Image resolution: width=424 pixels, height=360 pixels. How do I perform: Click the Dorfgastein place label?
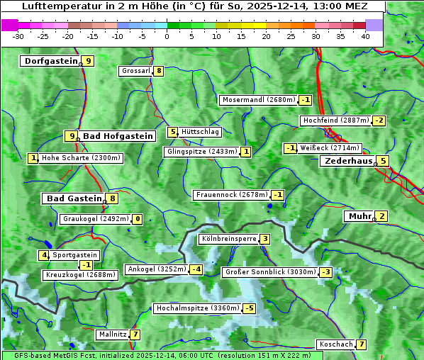click(x=51, y=61)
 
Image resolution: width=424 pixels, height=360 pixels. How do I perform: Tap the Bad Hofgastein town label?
click(x=117, y=135)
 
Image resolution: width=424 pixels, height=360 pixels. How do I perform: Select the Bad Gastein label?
click(x=74, y=198)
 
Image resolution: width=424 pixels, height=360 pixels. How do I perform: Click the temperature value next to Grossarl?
click(x=159, y=71)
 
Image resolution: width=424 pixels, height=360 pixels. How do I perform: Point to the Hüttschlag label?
click(x=201, y=132)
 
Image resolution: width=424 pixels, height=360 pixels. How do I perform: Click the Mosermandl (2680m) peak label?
click(x=259, y=100)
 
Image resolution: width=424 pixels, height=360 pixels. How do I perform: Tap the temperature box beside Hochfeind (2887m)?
click(x=379, y=120)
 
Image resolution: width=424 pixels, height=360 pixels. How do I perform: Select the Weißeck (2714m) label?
click(x=330, y=148)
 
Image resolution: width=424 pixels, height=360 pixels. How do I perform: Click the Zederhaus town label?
click(x=348, y=161)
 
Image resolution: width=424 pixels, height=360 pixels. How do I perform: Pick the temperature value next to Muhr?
click(x=381, y=216)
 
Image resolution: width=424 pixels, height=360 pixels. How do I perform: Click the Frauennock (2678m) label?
click(x=232, y=195)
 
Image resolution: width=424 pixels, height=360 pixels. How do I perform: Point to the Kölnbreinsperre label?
click(x=228, y=239)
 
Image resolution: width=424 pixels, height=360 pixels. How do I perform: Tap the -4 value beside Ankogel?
click(x=196, y=269)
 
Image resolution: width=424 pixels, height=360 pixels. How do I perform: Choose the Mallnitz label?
click(x=113, y=334)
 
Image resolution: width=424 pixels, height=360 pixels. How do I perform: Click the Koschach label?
click(x=336, y=344)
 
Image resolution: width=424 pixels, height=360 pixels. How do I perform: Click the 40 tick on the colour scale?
click(x=365, y=35)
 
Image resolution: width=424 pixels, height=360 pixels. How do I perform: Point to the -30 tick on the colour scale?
click(x=18, y=35)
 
